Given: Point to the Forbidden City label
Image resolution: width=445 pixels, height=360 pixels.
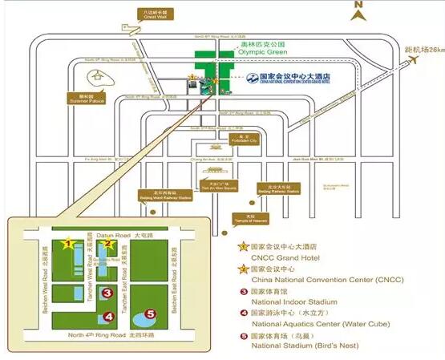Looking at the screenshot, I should (216, 139).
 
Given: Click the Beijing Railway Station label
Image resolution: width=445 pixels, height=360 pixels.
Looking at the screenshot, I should (277, 190).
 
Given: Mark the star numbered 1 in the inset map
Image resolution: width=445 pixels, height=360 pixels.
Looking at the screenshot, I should (69, 241).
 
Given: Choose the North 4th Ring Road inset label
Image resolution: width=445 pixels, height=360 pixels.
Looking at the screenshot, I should (96, 335).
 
